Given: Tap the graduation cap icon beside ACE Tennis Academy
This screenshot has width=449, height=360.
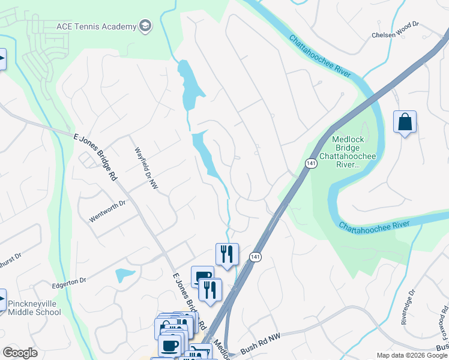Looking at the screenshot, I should (x=145, y=26).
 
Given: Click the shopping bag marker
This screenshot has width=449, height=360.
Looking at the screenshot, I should (x=405, y=122).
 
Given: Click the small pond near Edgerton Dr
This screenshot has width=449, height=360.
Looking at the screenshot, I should (x=125, y=275).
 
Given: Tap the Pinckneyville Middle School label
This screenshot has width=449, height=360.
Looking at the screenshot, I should (x=34, y=304).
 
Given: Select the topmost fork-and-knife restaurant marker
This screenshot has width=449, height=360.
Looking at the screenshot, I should (x=227, y=254).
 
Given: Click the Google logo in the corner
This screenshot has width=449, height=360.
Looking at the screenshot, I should (x=20, y=353).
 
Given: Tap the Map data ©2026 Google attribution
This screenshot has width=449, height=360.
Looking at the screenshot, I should (x=411, y=355).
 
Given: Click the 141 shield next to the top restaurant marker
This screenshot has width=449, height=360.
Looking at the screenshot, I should (x=255, y=257).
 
